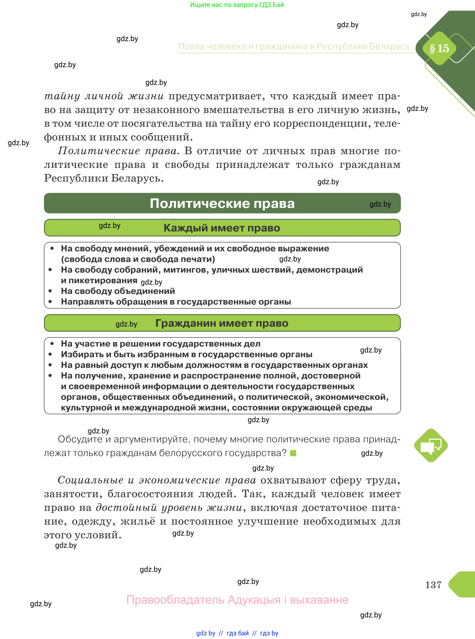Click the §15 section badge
tap(439, 48)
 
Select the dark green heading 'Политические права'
tap(222, 203)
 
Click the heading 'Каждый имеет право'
tap(222, 228)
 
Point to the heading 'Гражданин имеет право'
tap(222, 323)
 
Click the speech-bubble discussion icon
tap(431, 446)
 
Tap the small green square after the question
tap(293, 453)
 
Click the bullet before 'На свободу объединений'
tap(50, 291)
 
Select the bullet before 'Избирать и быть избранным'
tap(50, 354)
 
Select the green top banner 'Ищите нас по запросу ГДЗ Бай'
tap(237, 5)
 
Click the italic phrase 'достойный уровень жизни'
tap(169, 508)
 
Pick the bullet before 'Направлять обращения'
tap(50, 302)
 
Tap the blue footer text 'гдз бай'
tap(238, 633)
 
